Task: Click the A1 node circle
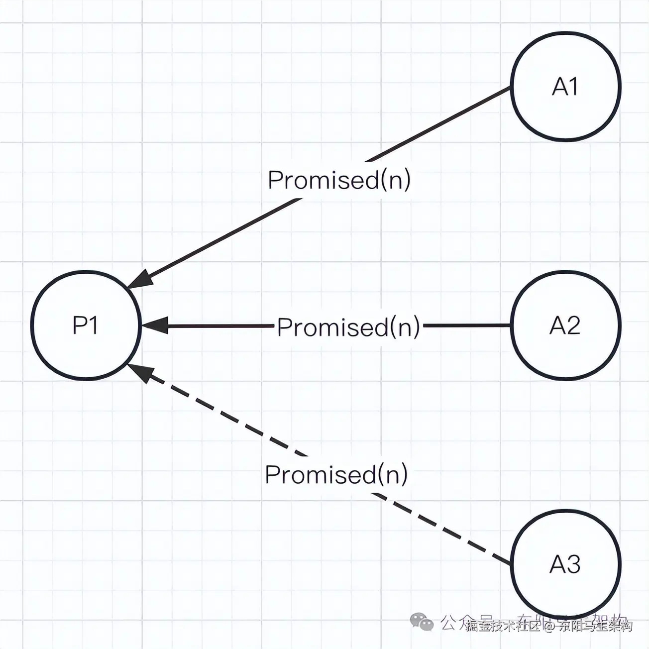click(x=566, y=87)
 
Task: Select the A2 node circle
click(x=566, y=326)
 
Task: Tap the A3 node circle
click(x=566, y=564)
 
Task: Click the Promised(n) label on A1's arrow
click(x=339, y=180)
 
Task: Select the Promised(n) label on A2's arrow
click(x=348, y=327)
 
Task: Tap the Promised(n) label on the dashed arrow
click(x=336, y=474)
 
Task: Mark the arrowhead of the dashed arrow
click(x=139, y=371)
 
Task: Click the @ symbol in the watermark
click(x=549, y=626)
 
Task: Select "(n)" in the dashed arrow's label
click(x=393, y=474)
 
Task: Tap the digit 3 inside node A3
click(x=573, y=564)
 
